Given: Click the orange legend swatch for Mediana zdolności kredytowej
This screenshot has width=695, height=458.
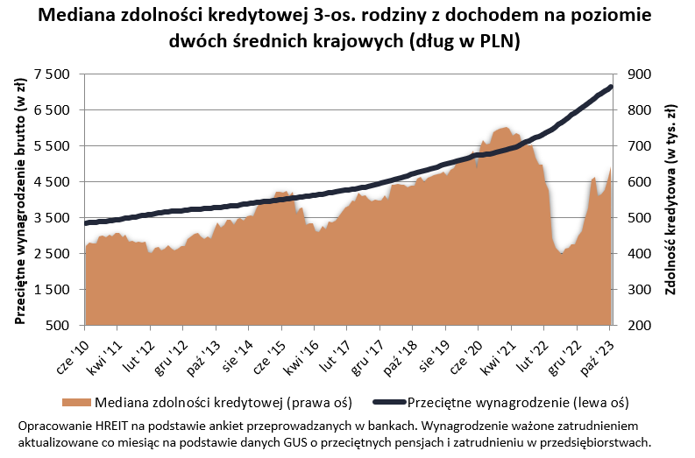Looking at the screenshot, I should [x=76, y=403].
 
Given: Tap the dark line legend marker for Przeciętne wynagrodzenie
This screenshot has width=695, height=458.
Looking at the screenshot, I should [x=388, y=403].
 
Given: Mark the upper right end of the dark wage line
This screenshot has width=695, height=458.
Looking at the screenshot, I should [x=610, y=87].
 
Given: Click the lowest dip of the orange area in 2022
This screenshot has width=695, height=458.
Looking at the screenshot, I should [x=562, y=253].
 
